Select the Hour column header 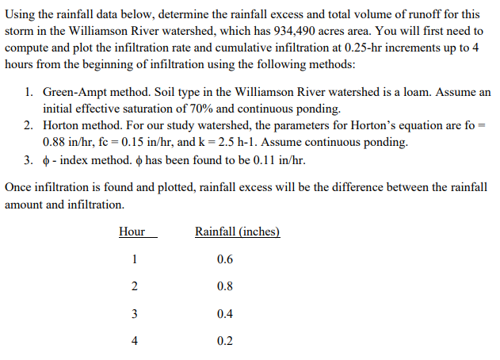pos(132,232)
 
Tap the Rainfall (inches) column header pos(237,232)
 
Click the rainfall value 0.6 pos(224,260)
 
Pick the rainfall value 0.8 pos(224,286)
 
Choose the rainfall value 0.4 pos(224,313)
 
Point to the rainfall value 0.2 pos(224,340)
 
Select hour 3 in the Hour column pos(134,313)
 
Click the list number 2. pos(28,126)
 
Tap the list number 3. pos(28,160)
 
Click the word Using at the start pos(20,13)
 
